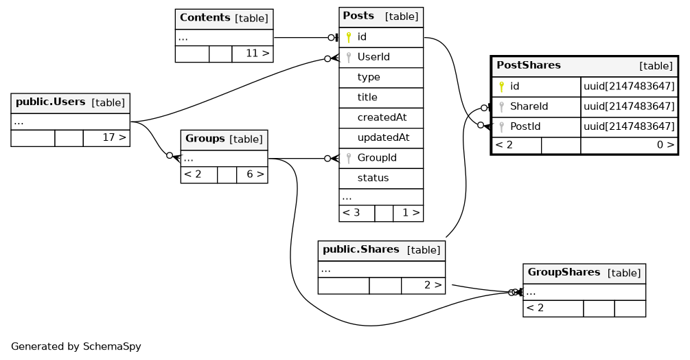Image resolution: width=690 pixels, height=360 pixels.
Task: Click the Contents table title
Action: coord(205,18)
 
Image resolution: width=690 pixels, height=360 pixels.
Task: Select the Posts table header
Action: coord(380,16)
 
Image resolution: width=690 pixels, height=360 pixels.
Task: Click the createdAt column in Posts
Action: coord(382,117)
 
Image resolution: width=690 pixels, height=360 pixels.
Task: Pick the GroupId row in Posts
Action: coord(377,158)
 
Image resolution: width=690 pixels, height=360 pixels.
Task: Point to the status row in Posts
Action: coord(373,178)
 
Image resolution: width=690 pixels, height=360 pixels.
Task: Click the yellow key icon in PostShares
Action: coord(502,87)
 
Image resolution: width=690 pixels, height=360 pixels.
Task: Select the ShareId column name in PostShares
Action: coord(529,106)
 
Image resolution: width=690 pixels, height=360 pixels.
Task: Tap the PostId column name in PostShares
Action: coord(525,126)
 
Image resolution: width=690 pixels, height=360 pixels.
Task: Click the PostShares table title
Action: coord(529,66)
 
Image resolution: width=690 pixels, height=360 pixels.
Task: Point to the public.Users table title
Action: coord(50,102)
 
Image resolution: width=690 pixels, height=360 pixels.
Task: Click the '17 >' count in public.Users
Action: coord(114,137)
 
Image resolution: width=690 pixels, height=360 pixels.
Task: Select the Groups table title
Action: coord(205,139)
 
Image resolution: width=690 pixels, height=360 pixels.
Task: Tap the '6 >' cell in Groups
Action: coord(255,174)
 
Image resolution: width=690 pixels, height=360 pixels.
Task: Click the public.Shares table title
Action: coord(360,249)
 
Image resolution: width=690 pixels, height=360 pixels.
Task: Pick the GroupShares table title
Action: coord(564,273)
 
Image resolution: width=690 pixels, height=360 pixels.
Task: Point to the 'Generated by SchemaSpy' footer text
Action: coord(76,347)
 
